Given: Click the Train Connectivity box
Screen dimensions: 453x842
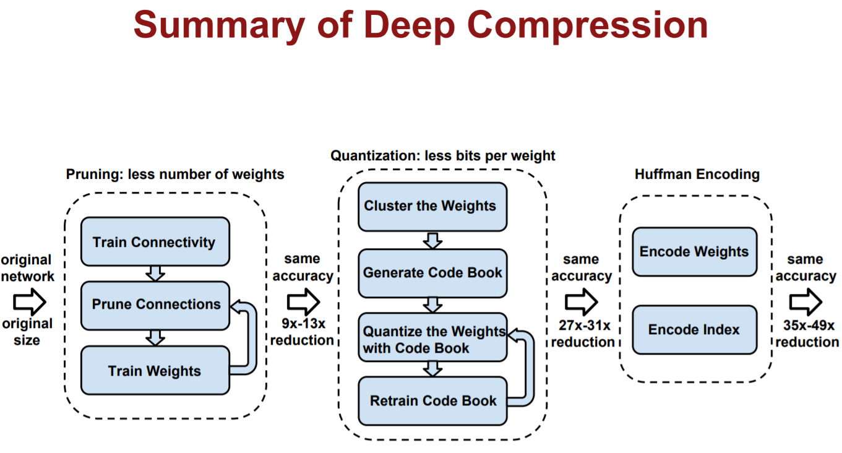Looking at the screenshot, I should (155, 241).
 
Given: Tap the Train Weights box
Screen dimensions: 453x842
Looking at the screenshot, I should (155, 371).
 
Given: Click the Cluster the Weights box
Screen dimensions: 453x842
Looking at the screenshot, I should (432, 206).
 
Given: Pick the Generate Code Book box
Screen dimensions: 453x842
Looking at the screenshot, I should (432, 273).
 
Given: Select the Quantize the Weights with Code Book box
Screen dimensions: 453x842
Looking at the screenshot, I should (432, 339).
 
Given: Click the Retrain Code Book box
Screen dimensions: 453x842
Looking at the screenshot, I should (432, 401).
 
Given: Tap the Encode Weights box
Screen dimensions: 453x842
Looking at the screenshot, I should (694, 252).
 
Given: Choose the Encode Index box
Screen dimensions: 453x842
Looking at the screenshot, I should (694, 330).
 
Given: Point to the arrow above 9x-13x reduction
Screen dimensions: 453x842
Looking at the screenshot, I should (303, 302).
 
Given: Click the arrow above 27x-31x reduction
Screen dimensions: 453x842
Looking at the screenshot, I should (582, 302).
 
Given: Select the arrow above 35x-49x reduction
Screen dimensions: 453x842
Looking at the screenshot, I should (805, 302).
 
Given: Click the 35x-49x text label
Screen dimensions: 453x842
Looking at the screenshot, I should (805, 326).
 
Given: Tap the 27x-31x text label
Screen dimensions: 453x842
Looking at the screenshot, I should (582, 326).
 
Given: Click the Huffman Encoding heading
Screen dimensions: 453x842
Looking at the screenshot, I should (697, 175).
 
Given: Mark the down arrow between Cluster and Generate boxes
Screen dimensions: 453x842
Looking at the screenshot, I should (432, 239).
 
